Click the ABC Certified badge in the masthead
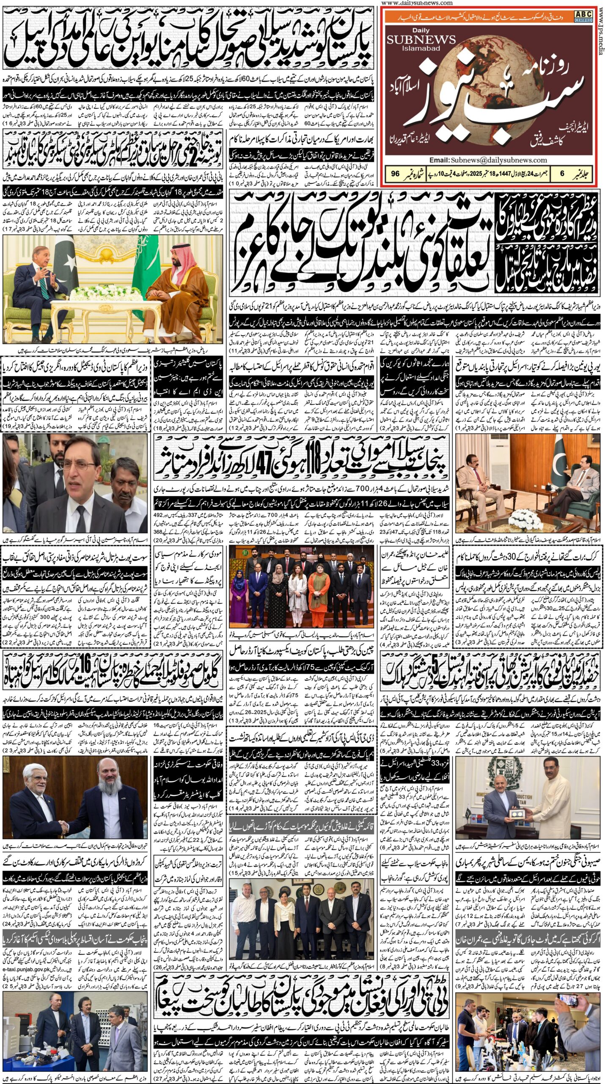click(x=583, y=16)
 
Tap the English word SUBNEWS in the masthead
click(x=421, y=40)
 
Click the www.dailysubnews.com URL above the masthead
click(x=417, y=3)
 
